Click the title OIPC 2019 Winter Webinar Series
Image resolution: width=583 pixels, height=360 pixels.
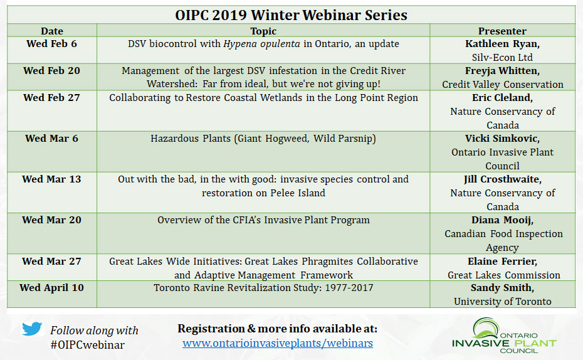pyautogui.click(x=291, y=15)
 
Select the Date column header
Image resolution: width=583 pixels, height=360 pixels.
pyautogui.click(x=52, y=31)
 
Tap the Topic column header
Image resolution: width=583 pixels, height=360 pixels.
pyautogui.click(x=263, y=31)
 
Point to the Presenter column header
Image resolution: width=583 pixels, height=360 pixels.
pyautogui.click(x=502, y=31)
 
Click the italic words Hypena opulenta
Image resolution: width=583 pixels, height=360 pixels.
pyautogui.click(x=261, y=44)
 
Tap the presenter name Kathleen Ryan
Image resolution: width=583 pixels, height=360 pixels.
pyautogui.click(x=502, y=44)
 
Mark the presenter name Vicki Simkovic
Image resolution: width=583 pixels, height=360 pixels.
pyautogui.click(x=502, y=139)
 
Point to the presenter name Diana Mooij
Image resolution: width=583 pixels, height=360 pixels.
pyautogui.click(x=502, y=220)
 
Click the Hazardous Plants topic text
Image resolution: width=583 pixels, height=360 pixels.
pyautogui.click(x=263, y=139)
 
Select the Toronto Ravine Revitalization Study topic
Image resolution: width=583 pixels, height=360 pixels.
pyautogui.click(x=263, y=287)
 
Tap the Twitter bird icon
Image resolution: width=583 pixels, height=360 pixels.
pyautogui.click(x=32, y=329)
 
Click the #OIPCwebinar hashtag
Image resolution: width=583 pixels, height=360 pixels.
pyautogui.click(x=87, y=345)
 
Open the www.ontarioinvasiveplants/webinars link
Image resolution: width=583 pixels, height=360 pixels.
pyautogui.click(x=278, y=343)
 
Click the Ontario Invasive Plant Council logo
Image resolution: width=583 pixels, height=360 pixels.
pyautogui.click(x=504, y=336)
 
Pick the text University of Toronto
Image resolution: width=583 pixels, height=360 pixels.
pyautogui.click(x=502, y=301)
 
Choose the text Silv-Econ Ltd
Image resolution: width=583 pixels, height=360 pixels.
pyautogui.click(x=502, y=57)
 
